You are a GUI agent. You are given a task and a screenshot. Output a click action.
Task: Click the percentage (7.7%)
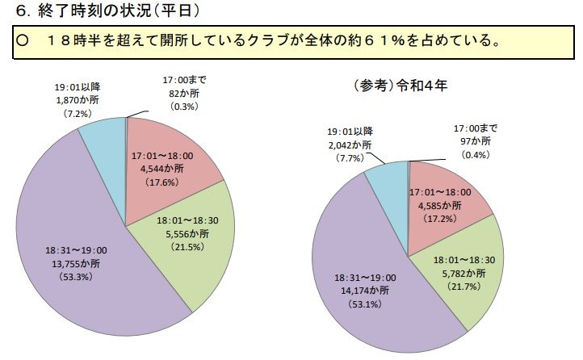coord(350,159)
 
